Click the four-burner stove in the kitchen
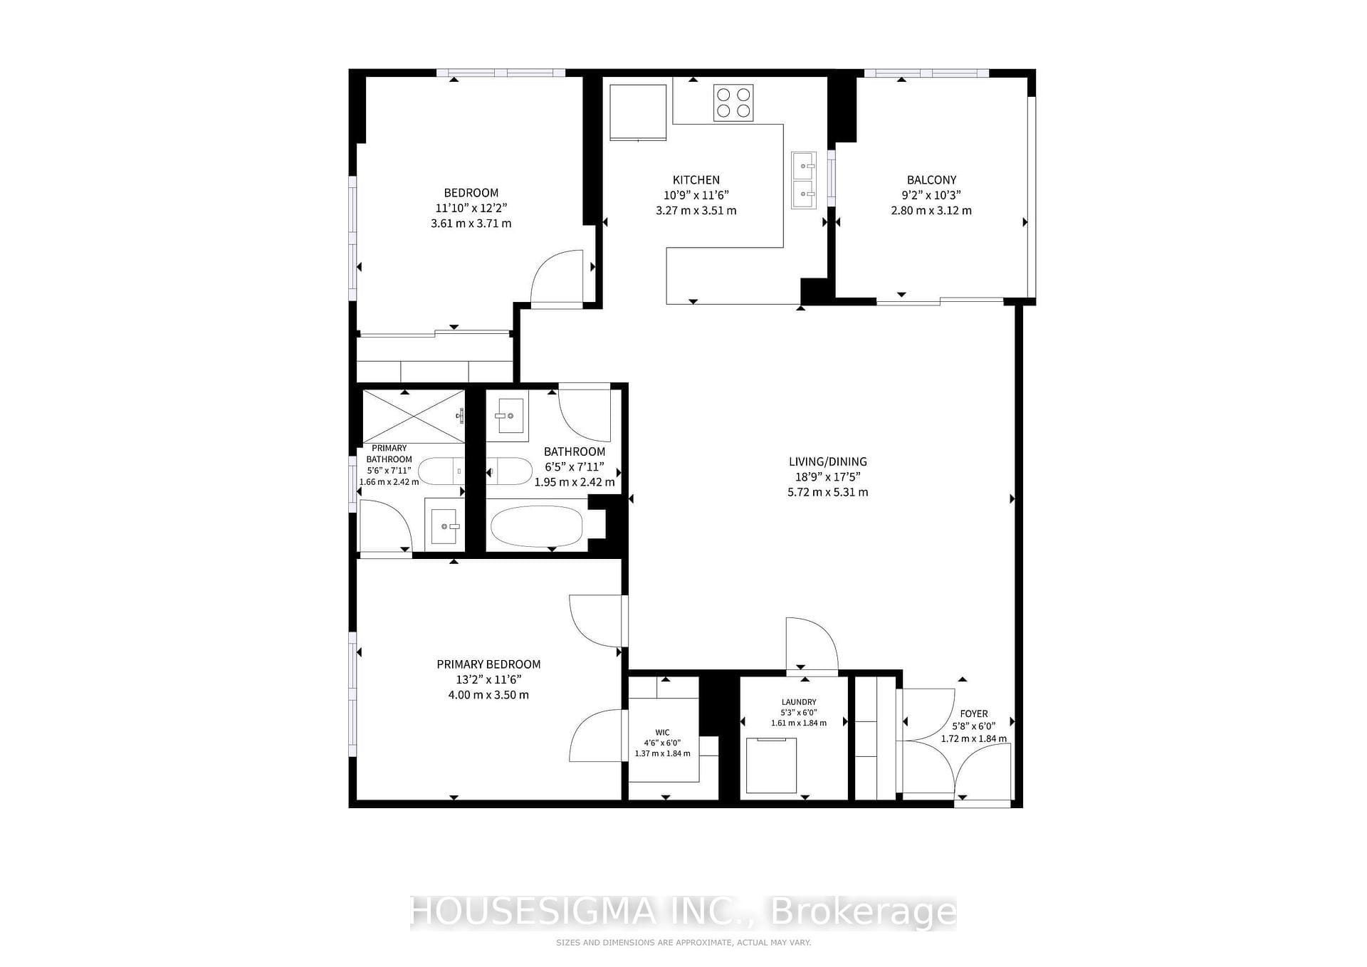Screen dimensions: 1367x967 tap(733, 103)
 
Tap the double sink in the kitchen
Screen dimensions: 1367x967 tap(804, 180)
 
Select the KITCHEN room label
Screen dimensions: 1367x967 tap(696, 180)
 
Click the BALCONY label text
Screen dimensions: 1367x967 tap(931, 180)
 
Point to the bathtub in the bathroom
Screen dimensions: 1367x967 tap(537, 526)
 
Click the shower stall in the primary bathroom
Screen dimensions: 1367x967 tap(414, 417)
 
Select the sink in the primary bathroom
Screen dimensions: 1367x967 tap(444, 526)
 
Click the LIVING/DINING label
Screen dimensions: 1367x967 tap(828, 461)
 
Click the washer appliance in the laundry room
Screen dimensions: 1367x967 tap(771, 765)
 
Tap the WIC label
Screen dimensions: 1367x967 tap(662, 733)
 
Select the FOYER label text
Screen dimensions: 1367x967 tap(974, 714)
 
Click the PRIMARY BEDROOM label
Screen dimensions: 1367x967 tap(488, 664)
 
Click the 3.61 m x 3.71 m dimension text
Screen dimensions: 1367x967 tap(471, 223)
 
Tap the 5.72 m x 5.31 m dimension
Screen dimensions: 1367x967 tap(828, 492)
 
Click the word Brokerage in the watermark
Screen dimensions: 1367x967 tap(864, 912)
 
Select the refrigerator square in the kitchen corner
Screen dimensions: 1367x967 tap(638, 113)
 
